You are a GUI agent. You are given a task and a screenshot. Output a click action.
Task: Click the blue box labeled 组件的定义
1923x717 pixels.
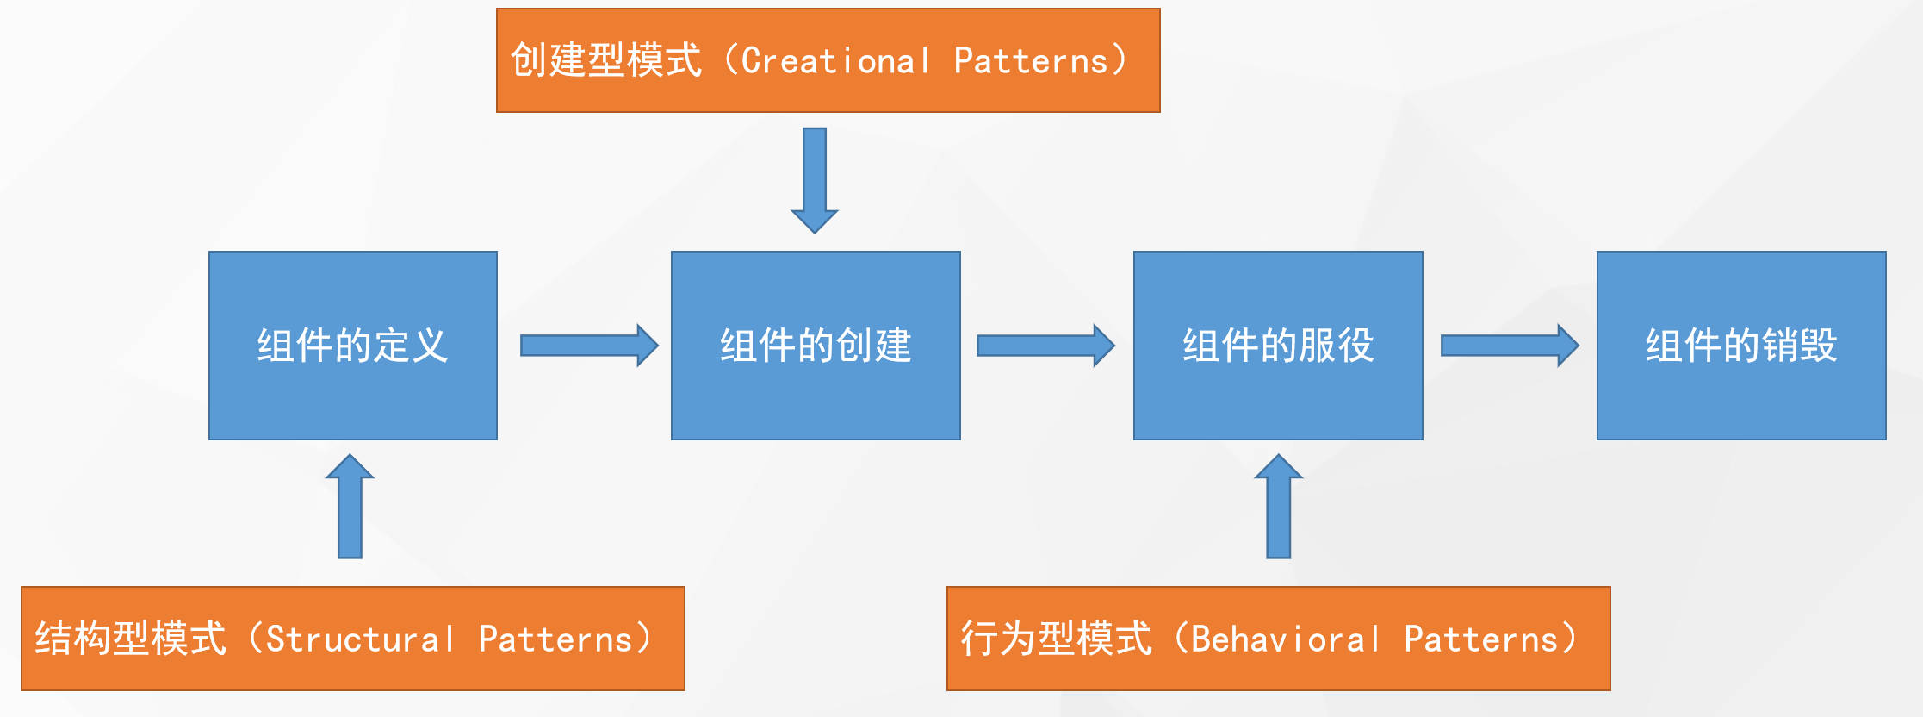353,346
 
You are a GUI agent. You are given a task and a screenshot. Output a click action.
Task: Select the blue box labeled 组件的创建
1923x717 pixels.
816,346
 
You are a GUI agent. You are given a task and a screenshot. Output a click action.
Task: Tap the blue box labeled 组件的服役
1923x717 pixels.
1278,346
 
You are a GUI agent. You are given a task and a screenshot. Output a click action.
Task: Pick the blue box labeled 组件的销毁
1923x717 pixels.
1741,346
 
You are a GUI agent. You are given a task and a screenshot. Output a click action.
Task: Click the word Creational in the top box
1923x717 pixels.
835,61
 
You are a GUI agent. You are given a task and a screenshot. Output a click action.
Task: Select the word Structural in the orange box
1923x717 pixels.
360,639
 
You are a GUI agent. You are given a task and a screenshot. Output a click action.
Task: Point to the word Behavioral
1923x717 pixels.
1286,639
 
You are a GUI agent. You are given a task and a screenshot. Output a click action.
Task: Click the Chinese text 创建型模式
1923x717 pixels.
606,61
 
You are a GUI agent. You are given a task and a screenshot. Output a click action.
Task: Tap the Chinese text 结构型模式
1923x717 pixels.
131,639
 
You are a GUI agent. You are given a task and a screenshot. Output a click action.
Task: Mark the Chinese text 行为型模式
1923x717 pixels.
1056,639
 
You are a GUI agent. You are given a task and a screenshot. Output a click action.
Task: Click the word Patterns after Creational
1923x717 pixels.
1031,61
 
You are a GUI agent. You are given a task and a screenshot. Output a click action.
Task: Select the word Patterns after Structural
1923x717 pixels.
555,639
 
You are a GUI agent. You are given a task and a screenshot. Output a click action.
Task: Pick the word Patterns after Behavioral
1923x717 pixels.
1481,639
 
